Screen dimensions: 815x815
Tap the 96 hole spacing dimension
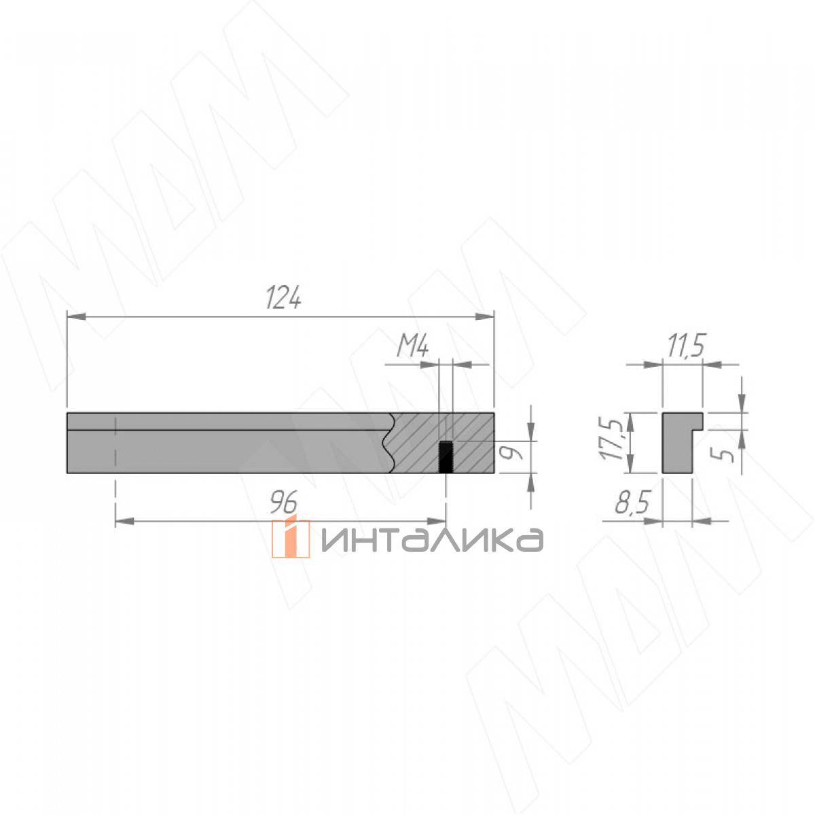[x=284, y=503]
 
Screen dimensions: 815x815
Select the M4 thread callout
[x=412, y=348]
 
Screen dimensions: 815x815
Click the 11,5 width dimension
[x=685, y=346]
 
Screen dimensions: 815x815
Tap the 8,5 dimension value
[x=632, y=503]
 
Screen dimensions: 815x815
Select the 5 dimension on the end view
[x=727, y=454]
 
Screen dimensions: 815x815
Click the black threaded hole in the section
[x=446, y=456]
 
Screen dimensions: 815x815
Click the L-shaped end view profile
[x=676, y=442]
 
